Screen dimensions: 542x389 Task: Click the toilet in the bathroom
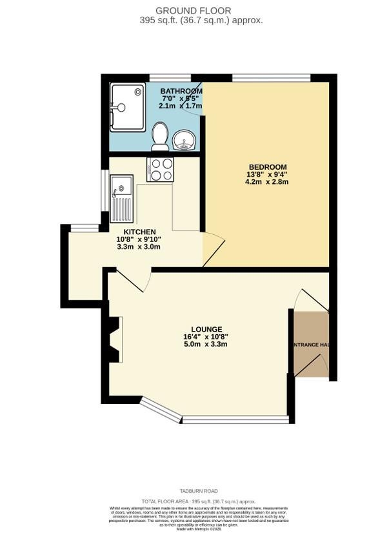coord(160,135)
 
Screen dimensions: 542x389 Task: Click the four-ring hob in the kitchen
coord(160,169)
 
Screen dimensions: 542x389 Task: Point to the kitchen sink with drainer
coord(121,199)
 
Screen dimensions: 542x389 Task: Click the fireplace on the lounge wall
coord(114,339)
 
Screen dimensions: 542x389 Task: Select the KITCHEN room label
coord(139,232)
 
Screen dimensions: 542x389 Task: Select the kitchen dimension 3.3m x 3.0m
coord(139,246)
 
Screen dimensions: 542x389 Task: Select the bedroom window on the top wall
coord(271,78)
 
